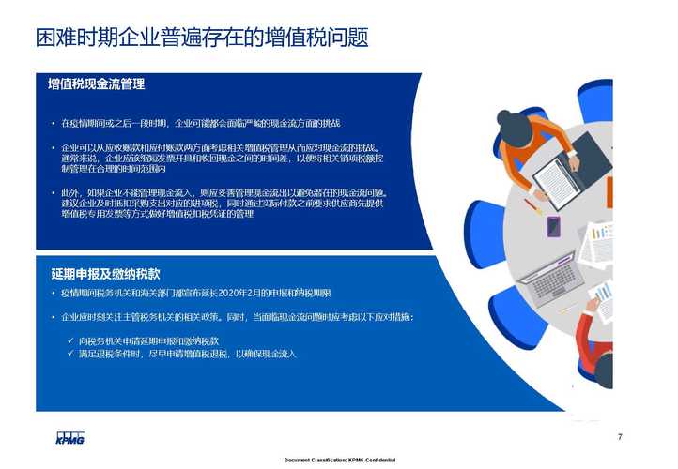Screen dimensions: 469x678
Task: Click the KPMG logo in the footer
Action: (x=70, y=438)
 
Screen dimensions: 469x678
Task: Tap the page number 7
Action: (x=620, y=436)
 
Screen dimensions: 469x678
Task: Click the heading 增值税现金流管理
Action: (x=97, y=84)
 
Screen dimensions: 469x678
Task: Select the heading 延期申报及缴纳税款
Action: (x=105, y=274)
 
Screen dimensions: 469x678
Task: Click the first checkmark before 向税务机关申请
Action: (x=71, y=340)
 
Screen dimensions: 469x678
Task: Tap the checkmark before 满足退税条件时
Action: (x=71, y=354)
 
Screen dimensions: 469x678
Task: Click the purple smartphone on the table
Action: (x=553, y=226)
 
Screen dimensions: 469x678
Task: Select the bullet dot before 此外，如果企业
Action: (x=54, y=192)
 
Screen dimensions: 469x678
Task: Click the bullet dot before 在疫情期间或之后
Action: (x=54, y=123)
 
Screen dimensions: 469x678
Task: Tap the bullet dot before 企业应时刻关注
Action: (x=54, y=318)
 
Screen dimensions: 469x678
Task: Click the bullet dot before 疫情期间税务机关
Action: (x=54, y=294)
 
